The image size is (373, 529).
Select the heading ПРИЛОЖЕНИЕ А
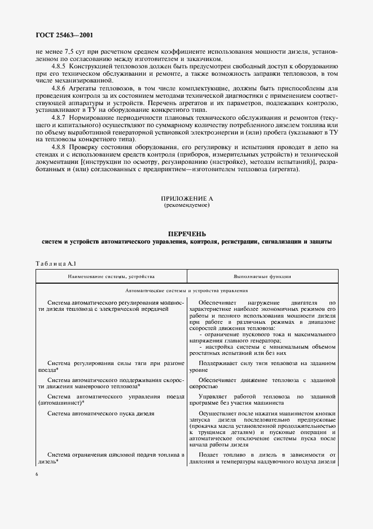pos(186,198)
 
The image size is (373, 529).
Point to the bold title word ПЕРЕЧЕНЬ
pos(186,233)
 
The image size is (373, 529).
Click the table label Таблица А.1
pos(55,264)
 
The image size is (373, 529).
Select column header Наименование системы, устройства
pos(111,277)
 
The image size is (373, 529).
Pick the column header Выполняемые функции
pos(262,277)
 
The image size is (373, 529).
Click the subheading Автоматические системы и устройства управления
pos(186,290)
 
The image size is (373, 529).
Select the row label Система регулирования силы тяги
pos(111,365)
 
